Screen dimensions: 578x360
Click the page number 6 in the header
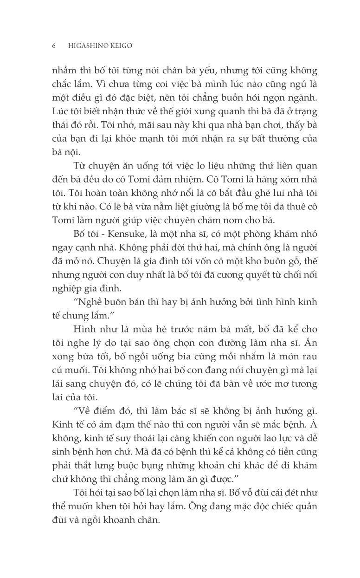point(54,46)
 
